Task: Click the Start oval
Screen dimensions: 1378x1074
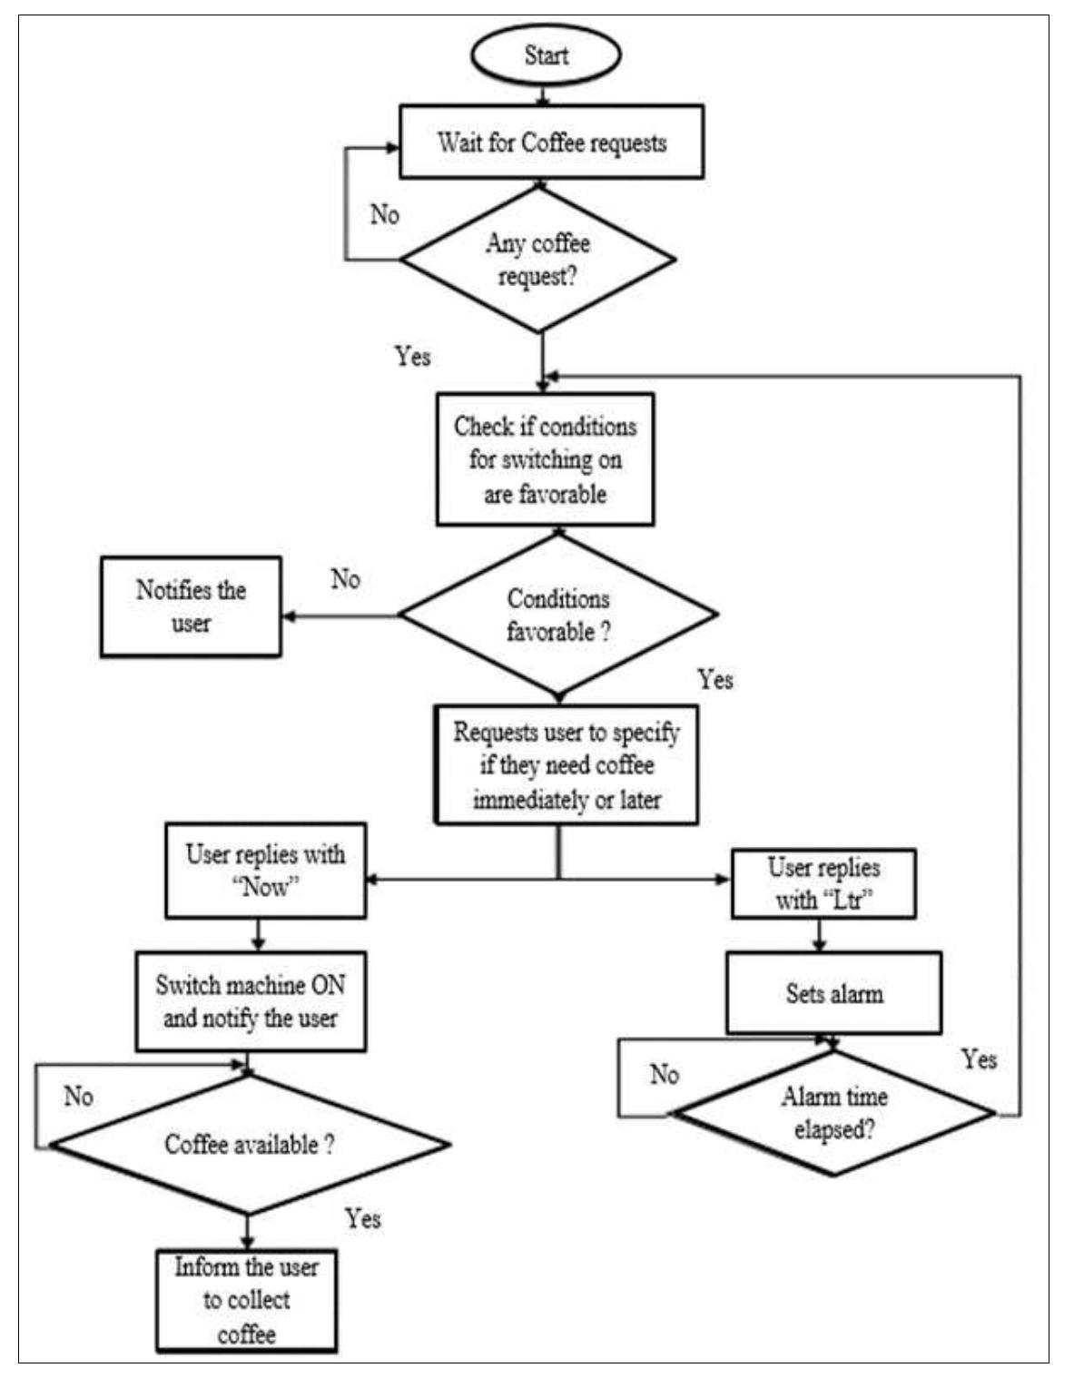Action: pyautogui.click(x=546, y=54)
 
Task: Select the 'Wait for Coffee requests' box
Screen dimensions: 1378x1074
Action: pyautogui.click(x=552, y=143)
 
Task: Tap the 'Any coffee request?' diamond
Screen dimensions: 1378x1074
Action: pyautogui.click(x=538, y=260)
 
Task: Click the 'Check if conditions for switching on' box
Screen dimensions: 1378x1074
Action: pyautogui.click(x=545, y=459)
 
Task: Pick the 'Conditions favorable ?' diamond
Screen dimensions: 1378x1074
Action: pyautogui.click(x=558, y=615)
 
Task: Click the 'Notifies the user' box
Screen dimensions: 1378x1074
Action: pyautogui.click(x=191, y=606)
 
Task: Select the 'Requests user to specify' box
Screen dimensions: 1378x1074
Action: pyautogui.click(x=567, y=765)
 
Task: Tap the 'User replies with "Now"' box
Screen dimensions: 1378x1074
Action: pyautogui.click(x=265, y=871)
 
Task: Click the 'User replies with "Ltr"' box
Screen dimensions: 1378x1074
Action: pyautogui.click(x=823, y=883)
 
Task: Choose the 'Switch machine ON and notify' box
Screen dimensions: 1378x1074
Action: pyautogui.click(x=251, y=1001)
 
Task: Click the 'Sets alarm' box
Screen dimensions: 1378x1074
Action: pyautogui.click(x=833, y=993)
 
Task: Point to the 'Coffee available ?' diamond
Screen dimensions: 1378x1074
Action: pyautogui.click(x=249, y=1145)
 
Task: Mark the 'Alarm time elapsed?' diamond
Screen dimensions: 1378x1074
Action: pyautogui.click(x=833, y=1114)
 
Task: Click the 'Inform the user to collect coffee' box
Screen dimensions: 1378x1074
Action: pyautogui.click(x=246, y=1300)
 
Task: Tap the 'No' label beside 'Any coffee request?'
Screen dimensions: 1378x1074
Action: pyautogui.click(x=384, y=215)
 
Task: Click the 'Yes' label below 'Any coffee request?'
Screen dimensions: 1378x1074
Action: pyautogui.click(x=412, y=356)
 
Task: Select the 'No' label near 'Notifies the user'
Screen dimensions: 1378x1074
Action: pyautogui.click(x=345, y=579)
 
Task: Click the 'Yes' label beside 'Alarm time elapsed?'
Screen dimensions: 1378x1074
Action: pyautogui.click(x=979, y=1059)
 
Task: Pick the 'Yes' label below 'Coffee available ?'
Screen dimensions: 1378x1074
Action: pyautogui.click(x=362, y=1218)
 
